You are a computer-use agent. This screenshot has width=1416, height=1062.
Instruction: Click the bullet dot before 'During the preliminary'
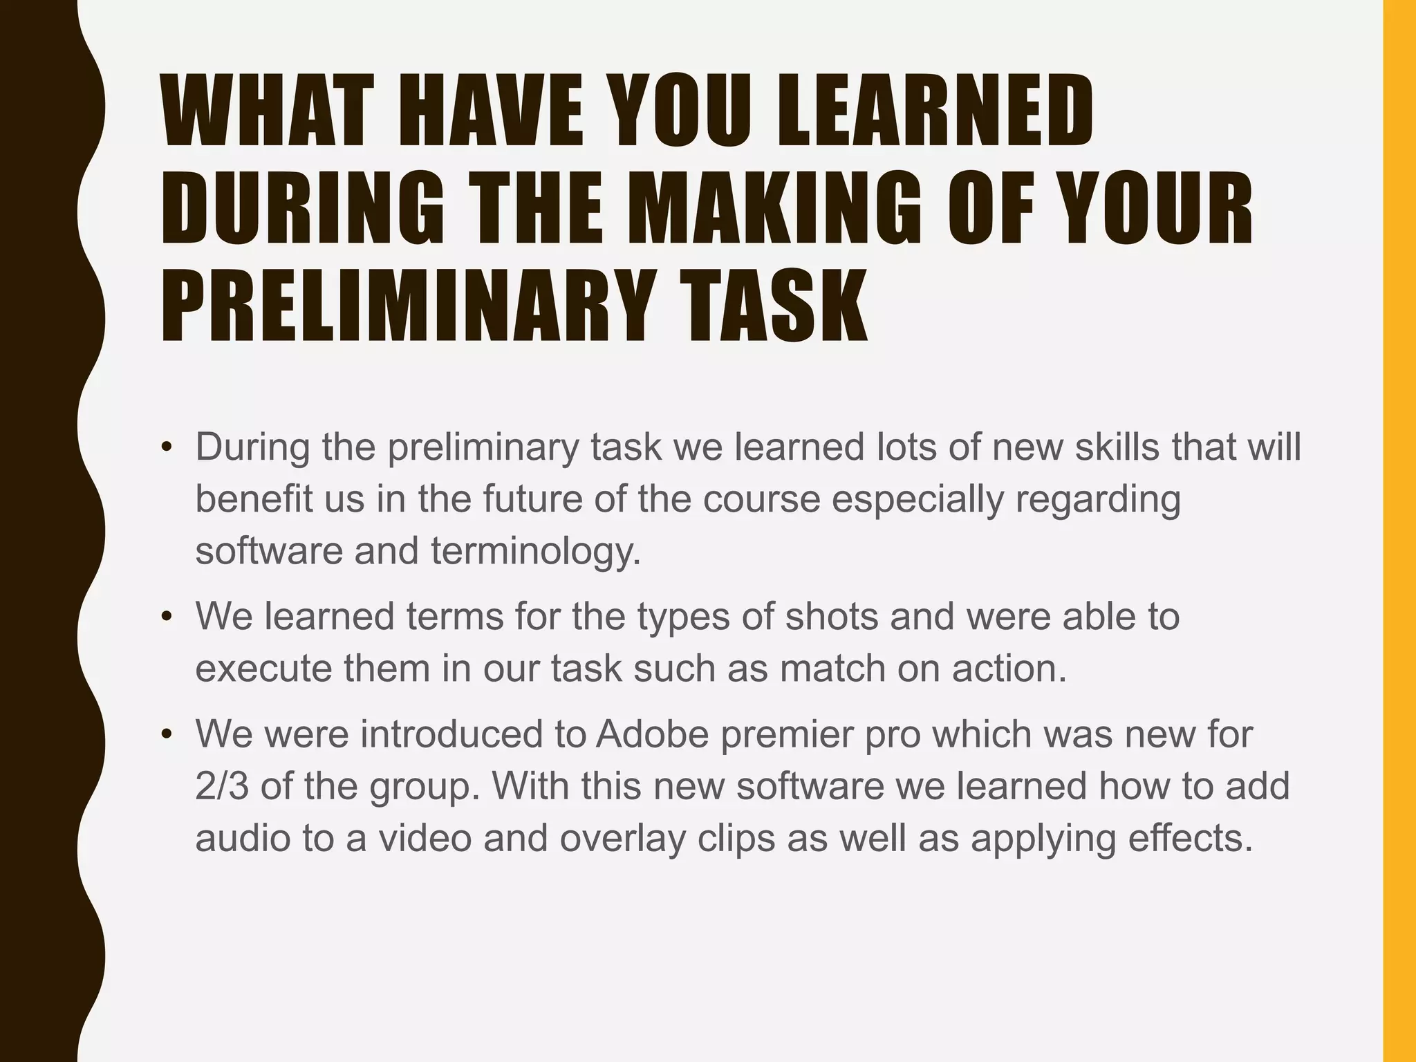click(x=166, y=448)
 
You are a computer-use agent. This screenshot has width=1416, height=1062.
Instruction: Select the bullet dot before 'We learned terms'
click(x=166, y=617)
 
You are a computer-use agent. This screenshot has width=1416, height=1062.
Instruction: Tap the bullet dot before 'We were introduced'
click(x=166, y=734)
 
